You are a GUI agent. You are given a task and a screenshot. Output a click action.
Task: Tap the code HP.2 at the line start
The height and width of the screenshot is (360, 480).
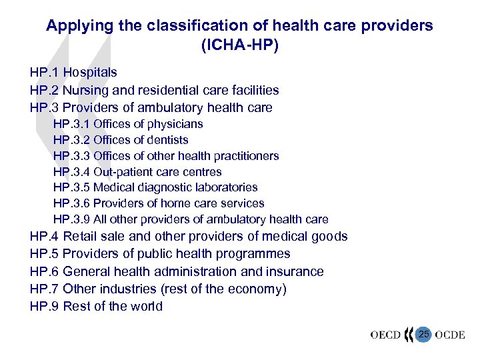(44, 90)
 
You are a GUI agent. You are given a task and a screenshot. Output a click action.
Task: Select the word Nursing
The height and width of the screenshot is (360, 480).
(87, 90)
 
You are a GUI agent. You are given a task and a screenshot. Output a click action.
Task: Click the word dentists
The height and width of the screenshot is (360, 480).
(165, 140)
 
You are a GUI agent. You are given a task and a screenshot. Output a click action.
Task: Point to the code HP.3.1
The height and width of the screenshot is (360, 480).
(71, 124)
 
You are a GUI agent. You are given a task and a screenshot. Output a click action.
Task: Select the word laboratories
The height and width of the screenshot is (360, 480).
(225, 188)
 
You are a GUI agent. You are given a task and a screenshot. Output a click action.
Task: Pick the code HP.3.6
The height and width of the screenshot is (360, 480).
(71, 203)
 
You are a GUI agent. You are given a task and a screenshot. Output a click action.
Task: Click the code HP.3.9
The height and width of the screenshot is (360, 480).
(71, 219)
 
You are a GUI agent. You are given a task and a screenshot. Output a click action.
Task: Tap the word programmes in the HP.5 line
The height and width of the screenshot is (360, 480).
(257, 254)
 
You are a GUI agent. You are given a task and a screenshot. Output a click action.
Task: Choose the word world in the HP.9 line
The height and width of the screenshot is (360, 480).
(146, 307)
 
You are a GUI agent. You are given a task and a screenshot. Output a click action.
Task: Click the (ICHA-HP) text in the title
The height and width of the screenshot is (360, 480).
(239, 46)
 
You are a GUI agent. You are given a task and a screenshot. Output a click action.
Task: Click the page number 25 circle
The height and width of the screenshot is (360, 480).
(423, 333)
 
